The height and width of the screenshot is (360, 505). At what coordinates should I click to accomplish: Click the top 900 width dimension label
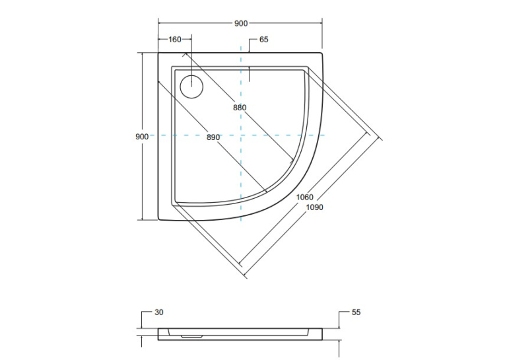(x=240, y=24)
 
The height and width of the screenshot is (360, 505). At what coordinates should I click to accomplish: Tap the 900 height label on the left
(x=142, y=137)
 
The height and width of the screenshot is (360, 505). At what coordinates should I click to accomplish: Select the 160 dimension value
(x=175, y=40)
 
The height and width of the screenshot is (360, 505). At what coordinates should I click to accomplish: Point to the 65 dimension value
(x=263, y=40)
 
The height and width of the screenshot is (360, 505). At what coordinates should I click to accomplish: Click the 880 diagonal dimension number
(x=240, y=108)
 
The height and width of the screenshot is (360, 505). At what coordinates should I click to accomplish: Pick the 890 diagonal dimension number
(x=213, y=137)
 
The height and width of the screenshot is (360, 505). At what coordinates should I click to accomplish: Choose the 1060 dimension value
(x=305, y=197)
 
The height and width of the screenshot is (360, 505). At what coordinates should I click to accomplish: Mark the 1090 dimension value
(x=314, y=207)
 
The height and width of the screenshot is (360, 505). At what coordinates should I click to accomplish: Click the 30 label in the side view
(x=159, y=312)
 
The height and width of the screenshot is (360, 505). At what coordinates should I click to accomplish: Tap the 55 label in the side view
(x=356, y=312)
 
